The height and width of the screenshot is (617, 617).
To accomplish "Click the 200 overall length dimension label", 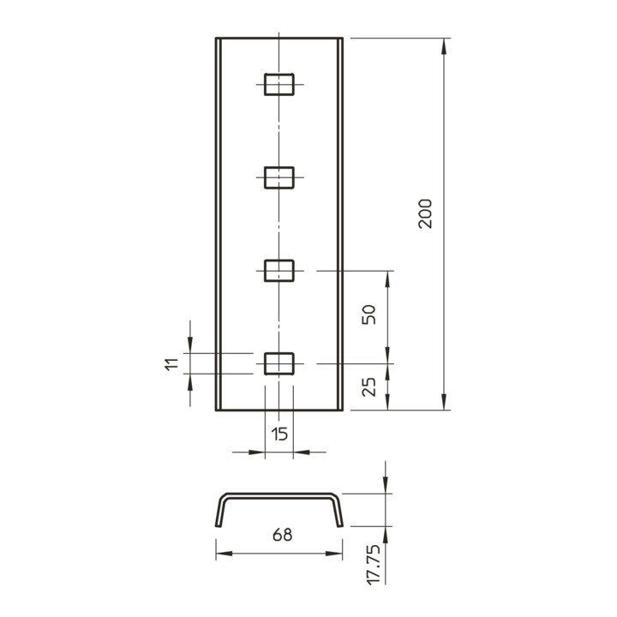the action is pos(425,213).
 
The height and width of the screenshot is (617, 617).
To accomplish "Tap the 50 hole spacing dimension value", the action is pos(368,314).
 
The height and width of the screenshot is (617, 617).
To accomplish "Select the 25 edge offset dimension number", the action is pos(368,386).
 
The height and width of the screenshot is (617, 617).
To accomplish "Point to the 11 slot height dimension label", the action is pos(171,364).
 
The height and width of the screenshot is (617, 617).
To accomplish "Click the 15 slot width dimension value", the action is pos(279,434).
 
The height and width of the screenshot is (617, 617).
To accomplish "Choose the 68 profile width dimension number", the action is pos(283,535).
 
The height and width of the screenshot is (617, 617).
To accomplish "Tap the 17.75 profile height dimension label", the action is pos(374,565).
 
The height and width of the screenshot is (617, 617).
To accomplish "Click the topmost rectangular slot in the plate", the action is pos(279,84).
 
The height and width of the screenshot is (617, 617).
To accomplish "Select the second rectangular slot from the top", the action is pos(279,177).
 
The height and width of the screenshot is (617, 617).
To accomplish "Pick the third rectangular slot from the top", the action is pos(279,271).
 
